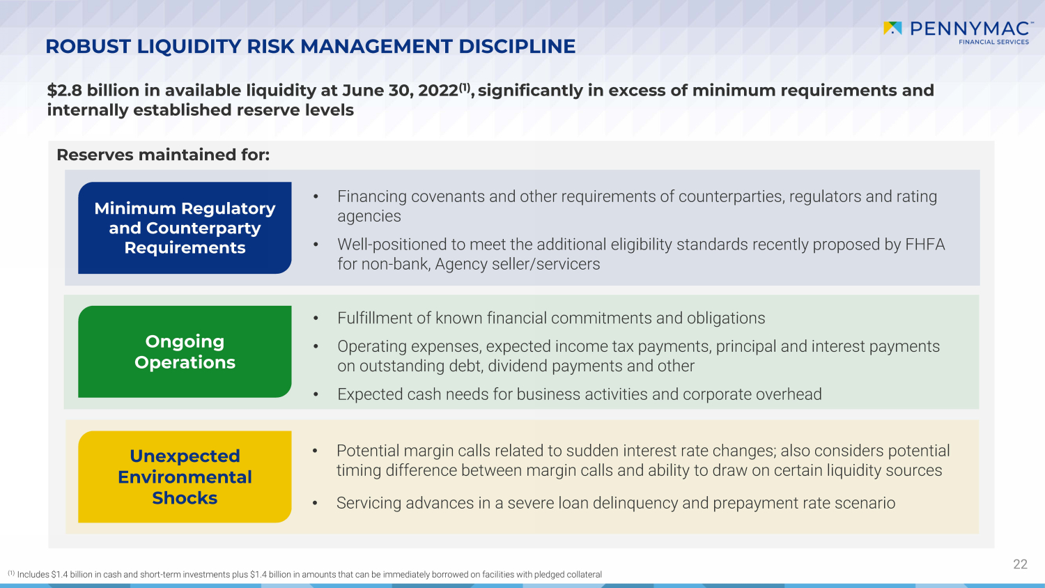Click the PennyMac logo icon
(892, 28)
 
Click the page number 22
(1021, 564)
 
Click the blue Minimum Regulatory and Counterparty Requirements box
(185, 228)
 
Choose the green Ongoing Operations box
(185, 352)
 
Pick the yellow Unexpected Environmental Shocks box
(185, 477)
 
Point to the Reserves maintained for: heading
(163, 155)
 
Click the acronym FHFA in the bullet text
(925, 245)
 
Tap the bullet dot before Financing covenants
(316, 197)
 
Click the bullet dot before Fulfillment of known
(316, 319)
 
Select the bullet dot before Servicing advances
(315, 504)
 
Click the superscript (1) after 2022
(465, 87)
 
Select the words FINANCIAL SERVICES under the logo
(993, 42)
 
